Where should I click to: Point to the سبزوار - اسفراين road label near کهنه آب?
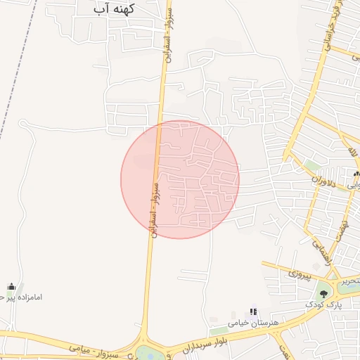tap(169, 38)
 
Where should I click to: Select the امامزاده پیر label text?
tap(21, 297)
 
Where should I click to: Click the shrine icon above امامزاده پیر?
tap(11, 286)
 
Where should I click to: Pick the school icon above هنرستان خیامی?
tap(253, 311)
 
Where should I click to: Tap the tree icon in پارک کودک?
tap(323, 293)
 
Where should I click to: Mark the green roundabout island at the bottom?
tap(150, 353)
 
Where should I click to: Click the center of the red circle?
tap(180, 179)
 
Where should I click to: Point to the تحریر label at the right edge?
tap(350, 281)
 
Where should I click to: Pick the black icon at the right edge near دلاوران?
tap(356, 174)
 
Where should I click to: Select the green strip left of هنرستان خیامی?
tap(219, 330)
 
